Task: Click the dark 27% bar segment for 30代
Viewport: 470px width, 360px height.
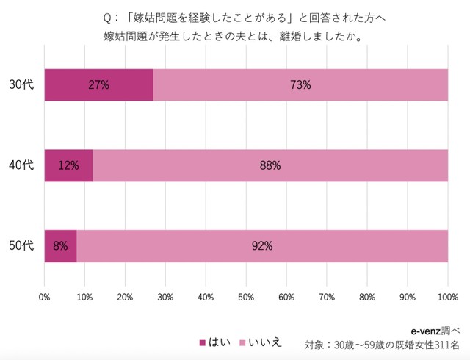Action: coord(98,85)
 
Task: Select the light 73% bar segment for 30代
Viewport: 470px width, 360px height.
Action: coord(300,85)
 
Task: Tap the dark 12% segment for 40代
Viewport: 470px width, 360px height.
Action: coord(68,165)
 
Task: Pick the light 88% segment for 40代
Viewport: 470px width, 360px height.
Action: coord(270,165)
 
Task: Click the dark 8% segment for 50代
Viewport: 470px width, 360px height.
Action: coord(60,246)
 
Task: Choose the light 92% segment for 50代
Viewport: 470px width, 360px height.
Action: coord(262,246)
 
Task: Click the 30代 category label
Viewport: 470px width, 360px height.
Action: coord(22,85)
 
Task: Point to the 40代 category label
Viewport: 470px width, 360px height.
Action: coord(22,165)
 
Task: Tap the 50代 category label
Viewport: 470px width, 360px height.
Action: coord(22,246)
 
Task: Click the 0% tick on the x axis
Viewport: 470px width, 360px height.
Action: coord(44,297)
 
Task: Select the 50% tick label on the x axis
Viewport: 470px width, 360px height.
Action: coord(246,297)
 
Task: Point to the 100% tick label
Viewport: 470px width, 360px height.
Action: coord(447,297)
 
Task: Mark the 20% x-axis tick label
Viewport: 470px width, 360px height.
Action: coord(125,297)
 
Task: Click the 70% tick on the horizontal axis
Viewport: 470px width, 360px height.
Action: coord(327,297)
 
